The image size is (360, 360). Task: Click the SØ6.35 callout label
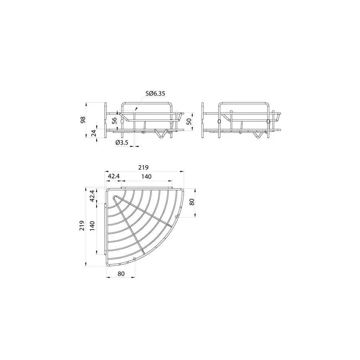pos(155,94)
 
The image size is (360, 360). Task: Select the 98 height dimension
pos(83,120)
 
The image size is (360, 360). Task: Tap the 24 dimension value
pos(94,134)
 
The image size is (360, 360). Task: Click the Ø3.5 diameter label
pos(122,143)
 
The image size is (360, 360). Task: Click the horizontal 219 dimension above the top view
pos(144,168)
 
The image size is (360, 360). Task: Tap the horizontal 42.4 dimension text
pos(114,176)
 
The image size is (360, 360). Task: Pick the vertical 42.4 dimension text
pos(94,196)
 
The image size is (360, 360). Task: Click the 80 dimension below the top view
pos(121,274)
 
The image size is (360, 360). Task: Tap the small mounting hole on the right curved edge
pos(176,216)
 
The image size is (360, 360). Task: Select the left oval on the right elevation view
pos(219,121)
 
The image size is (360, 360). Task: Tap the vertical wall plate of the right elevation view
pos(202,120)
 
